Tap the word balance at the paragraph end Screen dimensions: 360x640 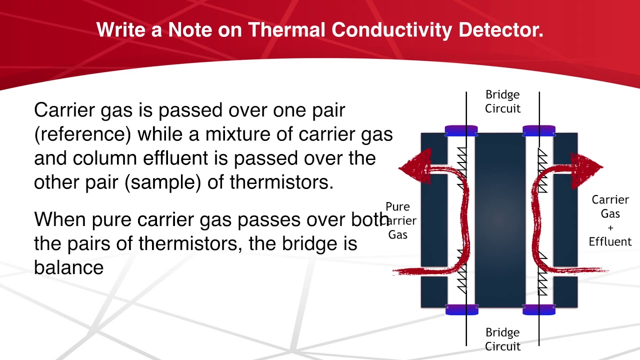point(68,267)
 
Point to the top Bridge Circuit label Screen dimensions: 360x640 point(502,101)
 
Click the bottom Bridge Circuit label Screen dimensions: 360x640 point(502,339)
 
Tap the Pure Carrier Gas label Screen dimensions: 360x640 point(398,220)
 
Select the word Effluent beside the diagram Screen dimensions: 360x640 point(610,242)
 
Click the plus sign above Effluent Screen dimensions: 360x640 point(610,228)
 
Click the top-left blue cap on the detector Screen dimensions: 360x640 point(461,131)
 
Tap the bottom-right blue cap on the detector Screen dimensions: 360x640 point(539,310)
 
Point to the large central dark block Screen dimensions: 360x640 point(500,220)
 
